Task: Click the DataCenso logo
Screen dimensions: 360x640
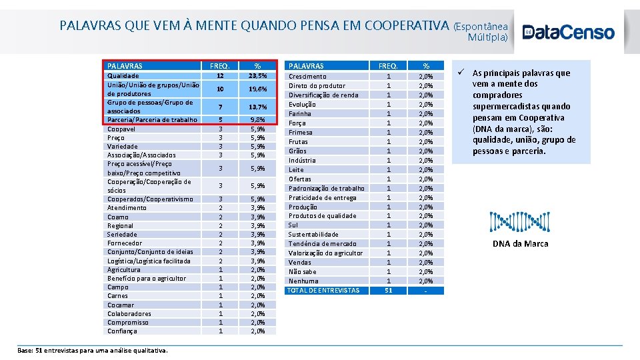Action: click(568, 32)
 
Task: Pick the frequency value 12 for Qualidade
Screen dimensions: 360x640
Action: click(220, 76)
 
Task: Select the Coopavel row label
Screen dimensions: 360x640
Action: click(122, 129)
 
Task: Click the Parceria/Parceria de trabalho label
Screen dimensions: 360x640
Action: click(152, 120)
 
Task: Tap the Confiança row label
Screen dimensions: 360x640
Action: click(122, 331)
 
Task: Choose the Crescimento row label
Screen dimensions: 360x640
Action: click(307, 77)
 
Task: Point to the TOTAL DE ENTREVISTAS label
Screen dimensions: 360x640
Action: click(323, 290)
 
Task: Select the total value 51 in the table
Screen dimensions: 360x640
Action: click(388, 290)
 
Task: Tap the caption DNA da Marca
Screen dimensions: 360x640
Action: click(520, 244)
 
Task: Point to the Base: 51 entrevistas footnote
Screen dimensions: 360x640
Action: click(93, 351)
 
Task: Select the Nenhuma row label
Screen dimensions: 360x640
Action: click(303, 281)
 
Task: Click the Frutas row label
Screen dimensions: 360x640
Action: click(298, 142)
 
